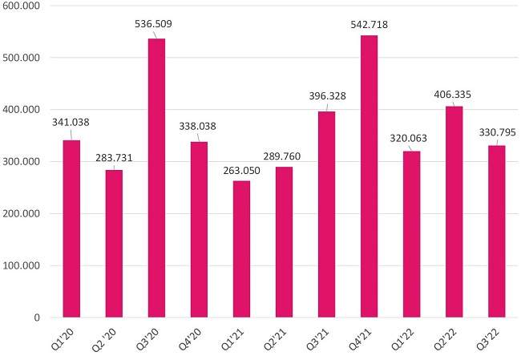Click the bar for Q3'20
click(x=156, y=178)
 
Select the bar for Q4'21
click(x=369, y=176)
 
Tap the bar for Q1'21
click(x=241, y=249)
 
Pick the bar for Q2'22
click(x=454, y=212)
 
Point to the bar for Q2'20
click(x=114, y=244)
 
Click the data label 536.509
click(x=154, y=24)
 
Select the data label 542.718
click(x=369, y=21)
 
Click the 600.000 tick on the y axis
click(x=28, y=6)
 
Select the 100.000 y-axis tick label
click(x=28, y=265)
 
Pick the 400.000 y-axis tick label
click(x=28, y=110)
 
